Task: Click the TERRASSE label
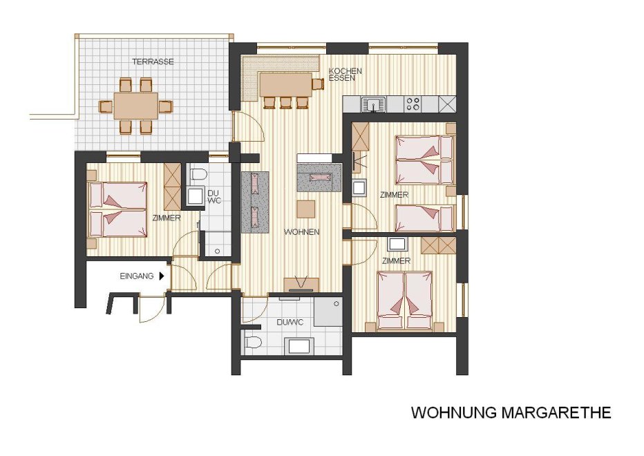(x=153, y=61)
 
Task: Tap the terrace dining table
(x=136, y=106)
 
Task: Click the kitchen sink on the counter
(x=373, y=104)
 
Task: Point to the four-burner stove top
(x=413, y=104)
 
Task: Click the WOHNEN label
(x=301, y=232)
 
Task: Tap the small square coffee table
(x=306, y=209)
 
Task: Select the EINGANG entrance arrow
(x=162, y=276)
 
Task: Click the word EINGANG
(x=136, y=276)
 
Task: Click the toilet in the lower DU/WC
(x=254, y=342)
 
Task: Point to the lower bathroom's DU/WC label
(x=290, y=323)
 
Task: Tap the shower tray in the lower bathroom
(x=328, y=312)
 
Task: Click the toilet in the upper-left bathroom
(x=198, y=174)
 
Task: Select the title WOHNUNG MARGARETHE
(x=511, y=412)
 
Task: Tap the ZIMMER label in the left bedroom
(x=167, y=218)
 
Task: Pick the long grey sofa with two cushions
(x=255, y=202)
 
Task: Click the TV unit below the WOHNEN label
(x=302, y=285)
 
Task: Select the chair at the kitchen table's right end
(x=318, y=84)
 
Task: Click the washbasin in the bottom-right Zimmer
(x=397, y=244)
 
